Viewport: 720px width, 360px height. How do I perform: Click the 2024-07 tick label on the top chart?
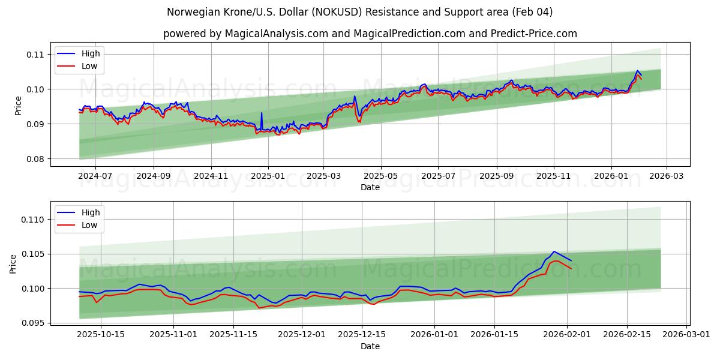click(x=95, y=176)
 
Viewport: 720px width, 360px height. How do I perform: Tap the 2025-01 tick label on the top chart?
click(x=268, y=176)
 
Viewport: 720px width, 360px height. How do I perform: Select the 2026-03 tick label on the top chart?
click(x=667, y=176)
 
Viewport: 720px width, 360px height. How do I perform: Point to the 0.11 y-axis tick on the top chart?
click(x=35, y=55)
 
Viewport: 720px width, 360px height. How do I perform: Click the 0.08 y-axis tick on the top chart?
click(x=35, y=159)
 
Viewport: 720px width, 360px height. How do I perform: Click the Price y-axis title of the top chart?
click(x=18, y=106)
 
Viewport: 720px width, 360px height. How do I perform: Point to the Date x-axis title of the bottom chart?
click(x=370, y=346)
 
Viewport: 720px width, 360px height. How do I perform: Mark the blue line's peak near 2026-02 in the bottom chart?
click(x=554, y=251)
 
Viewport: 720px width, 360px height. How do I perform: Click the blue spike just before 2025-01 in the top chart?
click(x=261, y=113)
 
